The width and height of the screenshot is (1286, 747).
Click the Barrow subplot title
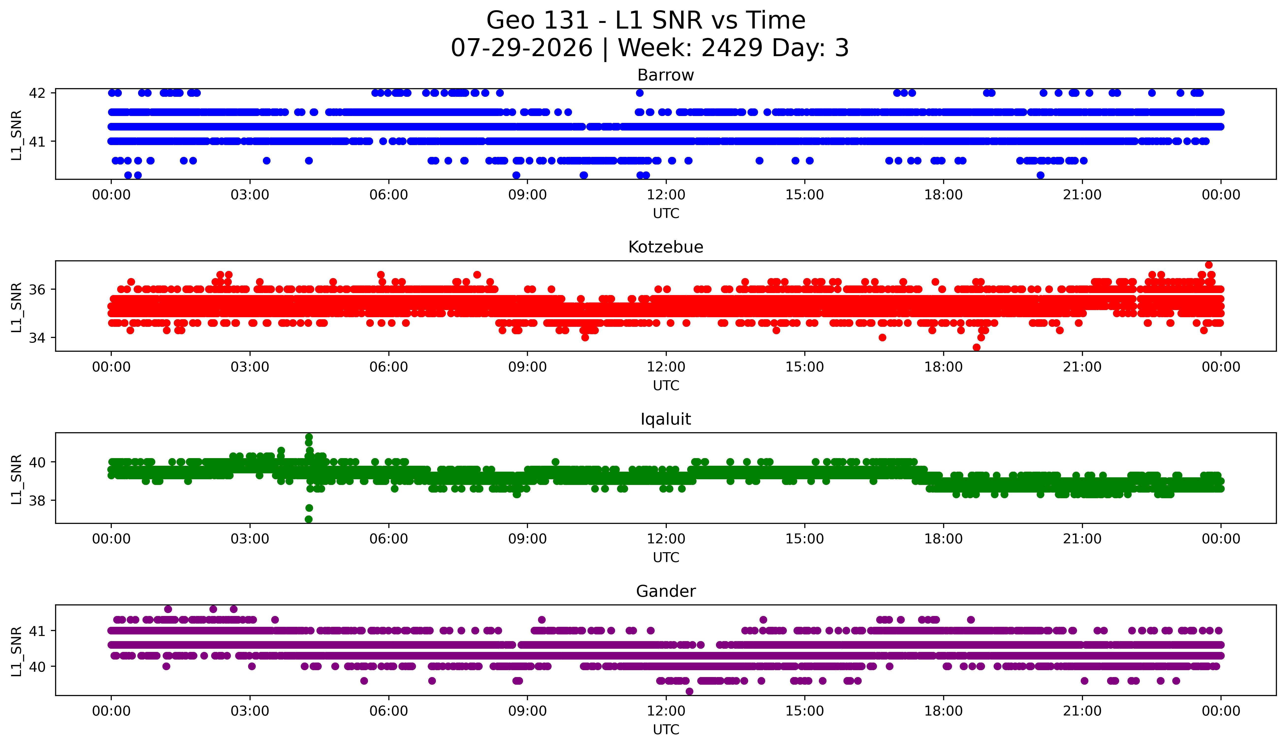pos(666,75)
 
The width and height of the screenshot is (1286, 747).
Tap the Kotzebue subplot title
pos(666,247)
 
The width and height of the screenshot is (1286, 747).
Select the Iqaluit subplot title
pos(666,419)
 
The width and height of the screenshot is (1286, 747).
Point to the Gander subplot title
pos(666,591)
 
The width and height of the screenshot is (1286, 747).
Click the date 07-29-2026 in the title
pos(522,48)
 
